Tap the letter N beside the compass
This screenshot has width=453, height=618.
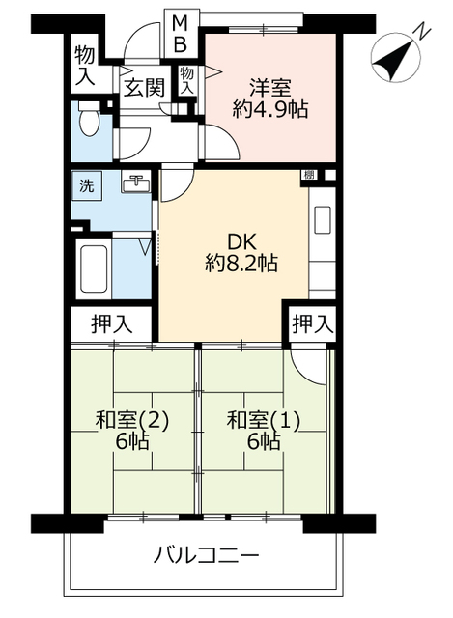[x=421, y=31]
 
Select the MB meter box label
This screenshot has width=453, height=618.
[x=181, y=32]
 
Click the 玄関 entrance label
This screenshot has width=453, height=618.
[x=143, y=88]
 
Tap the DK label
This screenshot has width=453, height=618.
[x=241, y=239]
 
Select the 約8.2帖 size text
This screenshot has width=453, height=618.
[x=241, y=263]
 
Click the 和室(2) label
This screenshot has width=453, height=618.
[x=132, y=420]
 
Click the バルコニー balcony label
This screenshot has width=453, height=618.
[x=206, y=556]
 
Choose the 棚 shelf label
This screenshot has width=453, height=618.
[x=309, y=175]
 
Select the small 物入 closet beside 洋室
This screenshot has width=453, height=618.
[x=187, y=80]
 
